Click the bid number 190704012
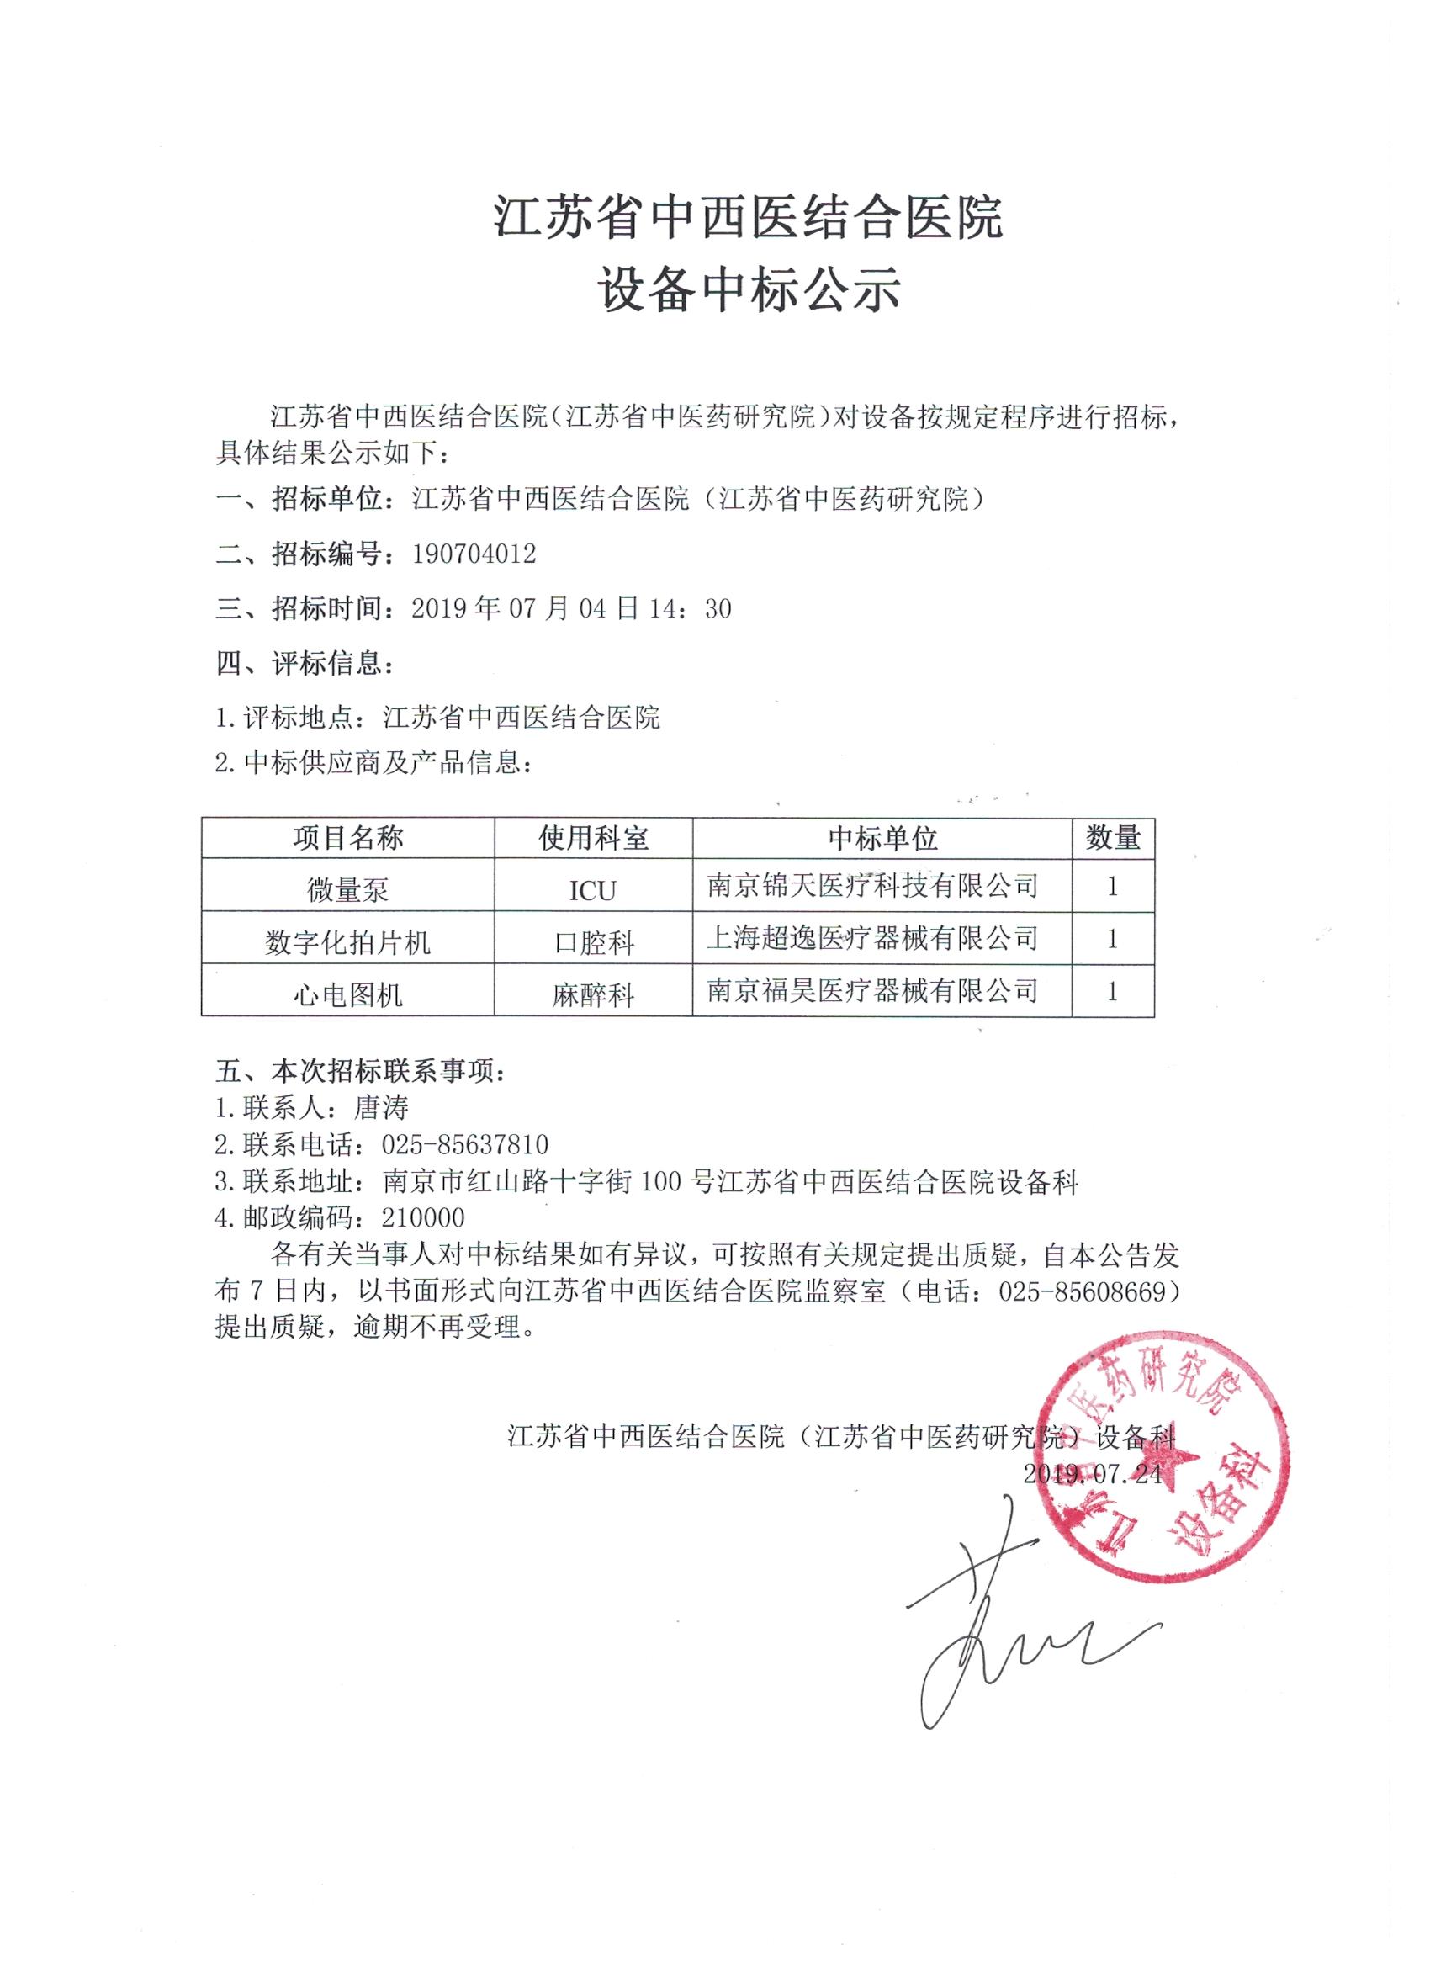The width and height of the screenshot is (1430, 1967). (474, 554)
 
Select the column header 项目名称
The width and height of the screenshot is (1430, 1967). (347, 838)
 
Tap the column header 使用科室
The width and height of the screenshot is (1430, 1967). (593, 838)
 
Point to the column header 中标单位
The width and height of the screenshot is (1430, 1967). (882, 838)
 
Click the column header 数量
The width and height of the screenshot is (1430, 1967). (1113, 838)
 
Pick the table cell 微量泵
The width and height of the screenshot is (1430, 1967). (347, 889)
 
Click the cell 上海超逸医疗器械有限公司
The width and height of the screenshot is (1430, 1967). (872, 937)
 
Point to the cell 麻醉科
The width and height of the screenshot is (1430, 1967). (593, 994)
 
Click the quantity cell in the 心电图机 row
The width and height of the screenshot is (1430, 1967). (1113, 991)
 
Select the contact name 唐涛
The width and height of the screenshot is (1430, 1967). (381, 1107)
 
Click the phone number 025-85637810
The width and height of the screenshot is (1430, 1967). (465, 1145)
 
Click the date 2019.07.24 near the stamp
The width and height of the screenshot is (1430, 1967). (1091, 1473)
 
